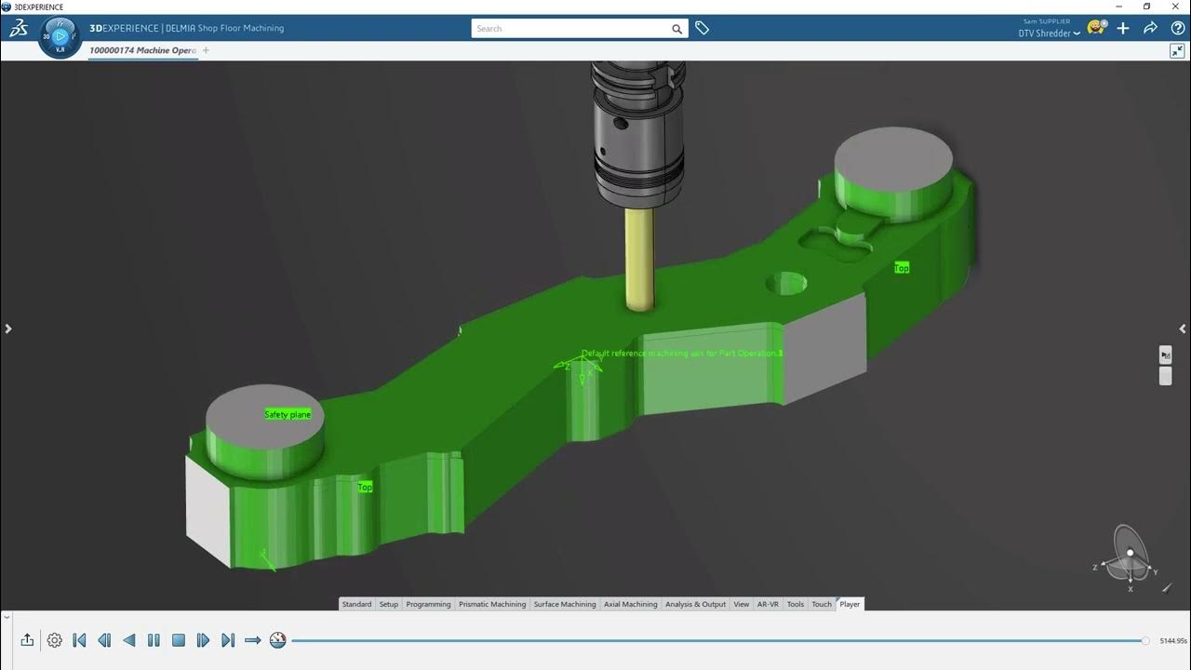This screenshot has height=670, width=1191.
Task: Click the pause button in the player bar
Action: click(x=154, y=640)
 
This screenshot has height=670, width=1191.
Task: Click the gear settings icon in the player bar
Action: click(x=55, y=640)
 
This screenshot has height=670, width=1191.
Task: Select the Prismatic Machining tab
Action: click(x=491, y=604)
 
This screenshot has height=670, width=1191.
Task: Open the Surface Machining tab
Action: click(x=564, y=604)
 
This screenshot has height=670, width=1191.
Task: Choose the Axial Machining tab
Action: click(x=630, y=604)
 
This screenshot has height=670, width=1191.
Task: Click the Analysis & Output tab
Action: click(x=695, y=604)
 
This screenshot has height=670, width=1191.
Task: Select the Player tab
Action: click(x=850, y=604)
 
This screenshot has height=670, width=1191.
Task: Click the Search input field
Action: click(x=569, y=29)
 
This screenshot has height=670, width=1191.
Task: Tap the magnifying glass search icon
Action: click(x=676, y=29)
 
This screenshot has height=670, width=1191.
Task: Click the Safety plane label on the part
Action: click(x=288, y=414)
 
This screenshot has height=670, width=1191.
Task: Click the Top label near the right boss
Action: click(x=901, y=268)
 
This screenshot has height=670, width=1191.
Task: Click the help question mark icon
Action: click(x=1177, y=28)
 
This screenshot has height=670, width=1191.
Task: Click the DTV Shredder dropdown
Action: click(x=1049, y=33)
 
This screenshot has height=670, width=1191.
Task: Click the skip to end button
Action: click(x=228, y=640)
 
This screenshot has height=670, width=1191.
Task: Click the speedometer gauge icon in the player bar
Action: click(x=277, y=640)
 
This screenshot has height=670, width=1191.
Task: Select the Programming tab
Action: click(x=428, y=604)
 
